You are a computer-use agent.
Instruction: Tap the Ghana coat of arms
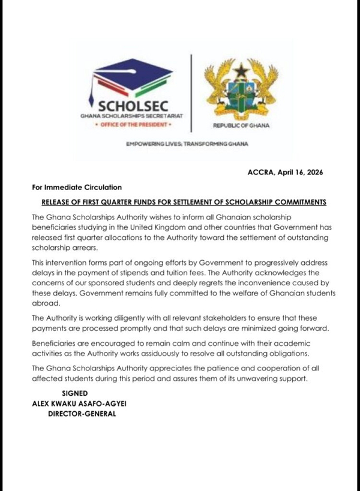click(x=241, y=88)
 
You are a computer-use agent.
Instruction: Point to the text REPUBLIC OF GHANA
click(x=241, y=126)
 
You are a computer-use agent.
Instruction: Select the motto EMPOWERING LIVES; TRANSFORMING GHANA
click(x=187, y=144)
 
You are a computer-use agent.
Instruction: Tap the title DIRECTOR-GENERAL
click(x=82, y=414)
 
